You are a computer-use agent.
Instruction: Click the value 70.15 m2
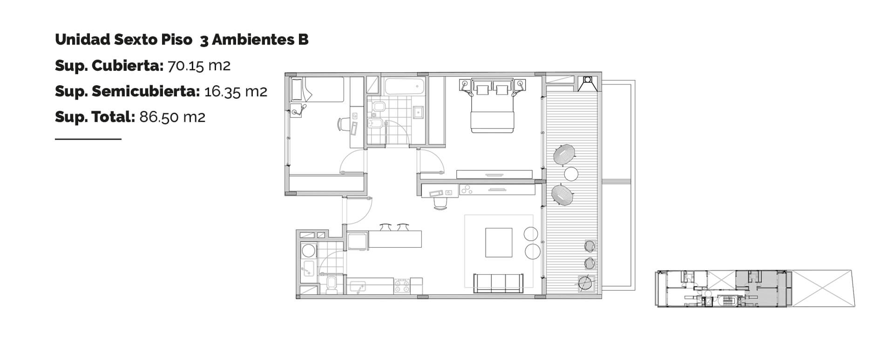(199, 66)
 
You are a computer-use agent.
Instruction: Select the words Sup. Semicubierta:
(128, 91)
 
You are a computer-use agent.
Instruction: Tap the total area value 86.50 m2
(172, 116)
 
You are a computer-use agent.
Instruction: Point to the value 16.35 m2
(236, 91)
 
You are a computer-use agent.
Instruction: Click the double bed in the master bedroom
(492, 106)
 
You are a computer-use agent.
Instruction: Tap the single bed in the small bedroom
(318, 89)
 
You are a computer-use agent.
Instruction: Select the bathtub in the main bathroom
(405, 86)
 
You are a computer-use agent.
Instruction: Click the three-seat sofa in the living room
(498, 283)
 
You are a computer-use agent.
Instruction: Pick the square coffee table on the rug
(499, 242)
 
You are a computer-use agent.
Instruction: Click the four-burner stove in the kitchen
(402, 285)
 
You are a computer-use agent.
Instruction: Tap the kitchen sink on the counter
(358, 287)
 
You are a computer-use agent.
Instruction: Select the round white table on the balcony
(571, 174)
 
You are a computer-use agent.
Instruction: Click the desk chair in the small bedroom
(343, 124)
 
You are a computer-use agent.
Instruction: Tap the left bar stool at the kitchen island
(385, 227)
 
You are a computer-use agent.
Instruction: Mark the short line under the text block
(88, 139)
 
